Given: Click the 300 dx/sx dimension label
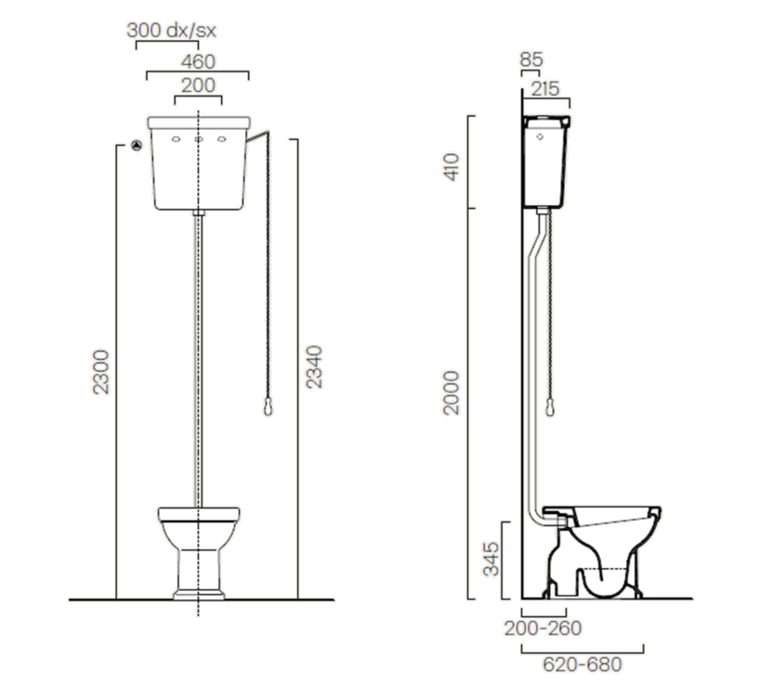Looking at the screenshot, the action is [171, 31].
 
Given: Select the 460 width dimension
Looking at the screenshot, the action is [198, 62].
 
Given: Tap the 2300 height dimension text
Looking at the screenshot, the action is [101, 372].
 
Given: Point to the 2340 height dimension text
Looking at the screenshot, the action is [314, 367].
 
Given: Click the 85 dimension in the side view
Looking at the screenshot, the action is [531, 60].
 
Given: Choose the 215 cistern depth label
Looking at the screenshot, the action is [545, 89].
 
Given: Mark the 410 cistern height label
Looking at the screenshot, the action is [451, 167].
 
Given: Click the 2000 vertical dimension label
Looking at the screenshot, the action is [451, 393].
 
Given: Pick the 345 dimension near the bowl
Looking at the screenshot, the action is [491, 559].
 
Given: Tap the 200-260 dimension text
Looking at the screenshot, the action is [543, 628].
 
